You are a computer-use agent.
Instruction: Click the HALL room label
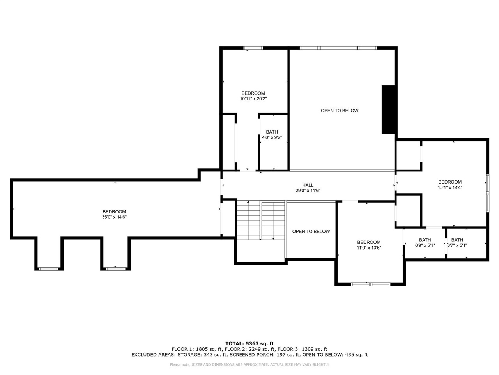point(308,185)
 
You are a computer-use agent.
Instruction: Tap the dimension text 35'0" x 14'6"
point(114,217)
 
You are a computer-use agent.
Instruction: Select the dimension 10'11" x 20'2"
point(253,99)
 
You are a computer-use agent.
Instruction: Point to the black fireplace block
point(388,109)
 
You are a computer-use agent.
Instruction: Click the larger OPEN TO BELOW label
point(339,111)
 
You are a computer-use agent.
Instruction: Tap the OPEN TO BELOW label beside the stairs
point(311,232)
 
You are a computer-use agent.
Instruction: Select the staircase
point(261,221)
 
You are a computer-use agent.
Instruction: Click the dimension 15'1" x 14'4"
point(450,187)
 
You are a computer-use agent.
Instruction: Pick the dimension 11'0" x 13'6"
point(369,248)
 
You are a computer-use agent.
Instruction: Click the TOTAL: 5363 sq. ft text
point(249,343)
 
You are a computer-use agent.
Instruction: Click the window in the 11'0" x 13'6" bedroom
point(371,284)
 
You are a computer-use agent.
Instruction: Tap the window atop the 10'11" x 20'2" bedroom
point(253,48)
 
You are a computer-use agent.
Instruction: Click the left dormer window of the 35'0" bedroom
point(49,269)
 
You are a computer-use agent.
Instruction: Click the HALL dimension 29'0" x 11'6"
point(308,191)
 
